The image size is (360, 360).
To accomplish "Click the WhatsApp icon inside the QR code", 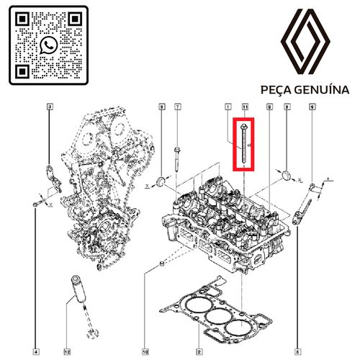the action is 49,45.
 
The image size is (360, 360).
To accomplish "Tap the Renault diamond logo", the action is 305,41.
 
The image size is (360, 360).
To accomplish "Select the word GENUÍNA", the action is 322,89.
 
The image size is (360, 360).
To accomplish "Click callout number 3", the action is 50,107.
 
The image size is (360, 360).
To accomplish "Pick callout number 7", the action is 177,107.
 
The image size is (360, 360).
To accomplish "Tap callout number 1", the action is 228,107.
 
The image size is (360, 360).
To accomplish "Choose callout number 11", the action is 245,107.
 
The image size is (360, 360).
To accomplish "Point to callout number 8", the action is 269,107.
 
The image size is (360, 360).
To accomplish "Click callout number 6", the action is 312,107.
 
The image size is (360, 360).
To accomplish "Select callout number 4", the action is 35,352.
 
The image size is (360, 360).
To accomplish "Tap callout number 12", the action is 67,352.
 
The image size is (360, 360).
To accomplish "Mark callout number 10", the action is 145,352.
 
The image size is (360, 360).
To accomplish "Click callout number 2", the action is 199,352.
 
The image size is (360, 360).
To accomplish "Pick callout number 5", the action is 297,352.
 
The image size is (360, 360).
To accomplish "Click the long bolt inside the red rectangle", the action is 243,143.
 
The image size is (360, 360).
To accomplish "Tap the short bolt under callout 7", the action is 176,159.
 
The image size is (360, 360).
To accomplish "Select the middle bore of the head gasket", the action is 219,316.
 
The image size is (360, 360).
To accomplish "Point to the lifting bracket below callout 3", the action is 53,179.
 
